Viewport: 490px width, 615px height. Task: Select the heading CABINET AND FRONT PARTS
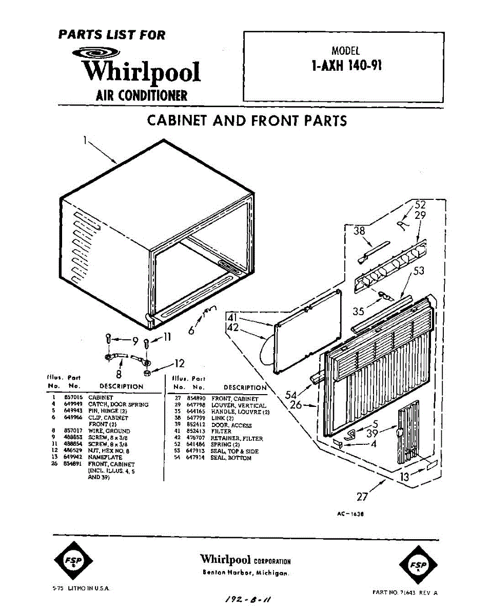tap(247, 121)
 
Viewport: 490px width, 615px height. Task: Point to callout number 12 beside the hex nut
tap(179, 364)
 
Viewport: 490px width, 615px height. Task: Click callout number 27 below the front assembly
tap(362, 496)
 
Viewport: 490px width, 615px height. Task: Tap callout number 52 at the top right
tap(420, 205)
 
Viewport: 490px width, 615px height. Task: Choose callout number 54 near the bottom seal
tap(291, 395)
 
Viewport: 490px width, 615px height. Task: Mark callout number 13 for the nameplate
tap(405, 477)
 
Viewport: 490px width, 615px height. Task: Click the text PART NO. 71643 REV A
tap(405, 592)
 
